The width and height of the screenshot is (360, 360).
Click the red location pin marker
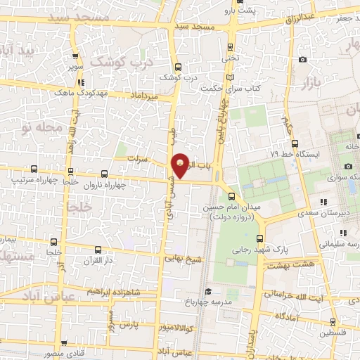point(181,166)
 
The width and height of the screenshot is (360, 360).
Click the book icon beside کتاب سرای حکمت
point(232,76)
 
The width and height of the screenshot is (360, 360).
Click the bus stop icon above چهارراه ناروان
point(105,173)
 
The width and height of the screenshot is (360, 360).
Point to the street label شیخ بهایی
point(184,258)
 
